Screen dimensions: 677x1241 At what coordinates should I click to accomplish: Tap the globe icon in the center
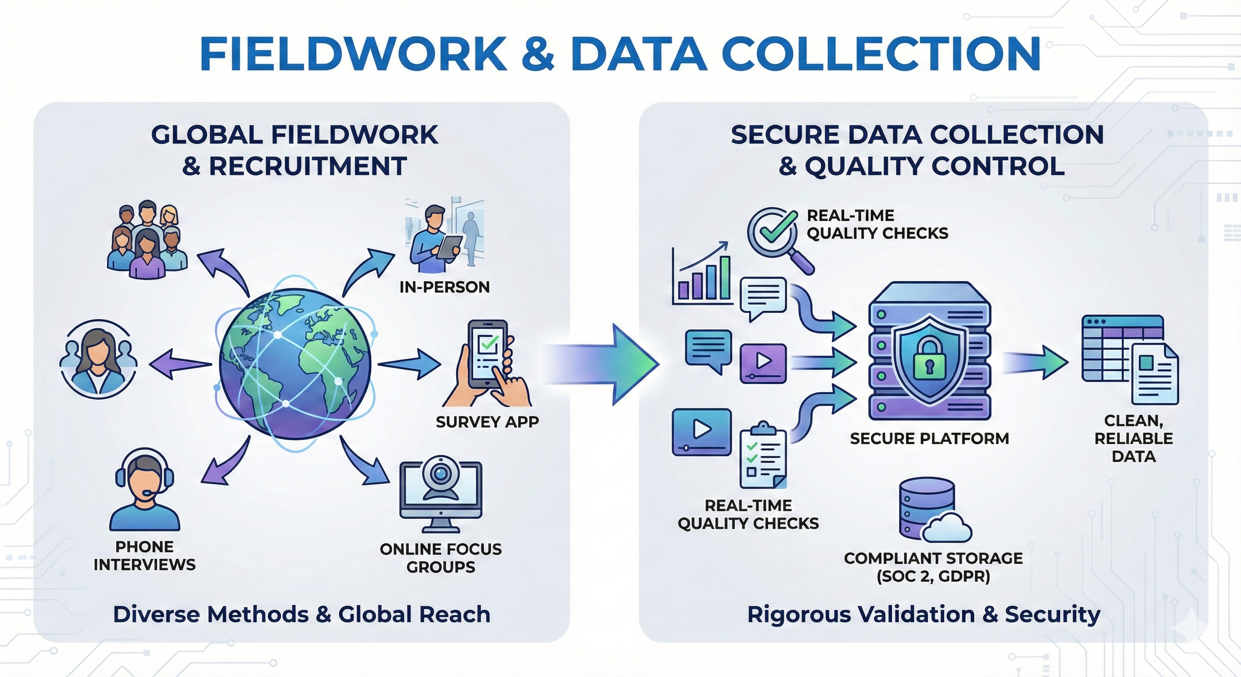click(x=295, y=364)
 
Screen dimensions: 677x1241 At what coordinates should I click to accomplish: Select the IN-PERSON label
click(x=444, y=287)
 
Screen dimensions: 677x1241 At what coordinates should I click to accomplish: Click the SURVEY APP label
click(x=487, y=422)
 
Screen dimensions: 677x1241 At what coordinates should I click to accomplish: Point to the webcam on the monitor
click(x=440, y=474)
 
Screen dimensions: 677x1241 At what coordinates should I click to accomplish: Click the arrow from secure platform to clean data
click(x=1036, y=362)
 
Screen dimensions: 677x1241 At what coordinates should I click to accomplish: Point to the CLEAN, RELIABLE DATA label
click(x=1133, y=439)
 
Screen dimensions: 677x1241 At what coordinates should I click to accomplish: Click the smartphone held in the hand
click(x=487, y=354)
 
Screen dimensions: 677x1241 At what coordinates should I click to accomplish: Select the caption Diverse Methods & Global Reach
click(x=301, y=614)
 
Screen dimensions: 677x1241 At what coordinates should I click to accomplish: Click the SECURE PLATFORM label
click(x=929, y=439)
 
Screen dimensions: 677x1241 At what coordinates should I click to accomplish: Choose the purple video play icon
click(x=763, y=363)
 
